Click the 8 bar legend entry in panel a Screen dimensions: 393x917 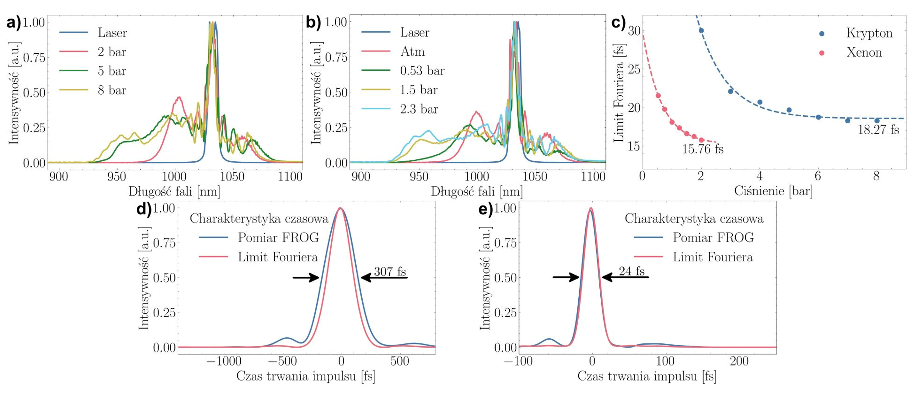[112, 90]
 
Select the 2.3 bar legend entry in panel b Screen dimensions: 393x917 [419, 109]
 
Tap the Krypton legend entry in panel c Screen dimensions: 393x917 [869, 33]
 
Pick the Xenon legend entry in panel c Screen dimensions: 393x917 [864, 53]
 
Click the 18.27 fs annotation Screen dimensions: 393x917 [878, 130]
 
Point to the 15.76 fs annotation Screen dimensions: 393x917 [702, 149]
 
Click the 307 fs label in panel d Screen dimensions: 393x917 [390, 272]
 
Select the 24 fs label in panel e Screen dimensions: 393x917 [631, 271]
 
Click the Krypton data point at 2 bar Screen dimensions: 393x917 [701, 31]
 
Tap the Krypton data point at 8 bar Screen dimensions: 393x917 [877, 121]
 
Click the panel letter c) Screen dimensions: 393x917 [618, 23]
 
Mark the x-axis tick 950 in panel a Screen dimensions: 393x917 [116, 177]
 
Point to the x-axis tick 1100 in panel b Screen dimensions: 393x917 [593, 177]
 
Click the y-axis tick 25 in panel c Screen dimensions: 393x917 [634, 69]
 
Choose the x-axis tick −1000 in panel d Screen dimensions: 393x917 [224, 361]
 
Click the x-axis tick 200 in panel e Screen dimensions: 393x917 [739, 361]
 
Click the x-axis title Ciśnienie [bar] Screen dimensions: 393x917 [773, 191]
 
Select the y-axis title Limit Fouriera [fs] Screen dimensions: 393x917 [619, 93]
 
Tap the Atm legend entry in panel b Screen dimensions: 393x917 [412, 52]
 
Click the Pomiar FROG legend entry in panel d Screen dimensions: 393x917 [278, 238]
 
